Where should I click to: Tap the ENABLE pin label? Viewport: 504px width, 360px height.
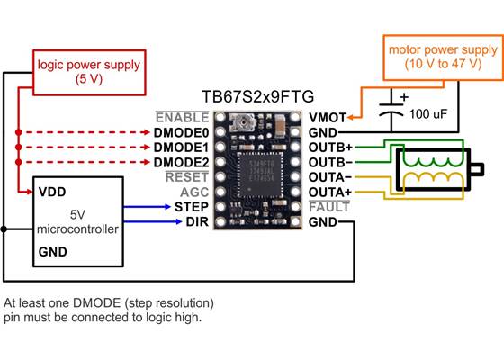click(x=183, y=117)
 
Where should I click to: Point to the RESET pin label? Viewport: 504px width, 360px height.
click(x=187, y=176)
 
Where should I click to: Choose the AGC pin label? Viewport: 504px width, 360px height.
click(x=193, y=192)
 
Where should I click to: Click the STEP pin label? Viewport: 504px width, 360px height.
click(x=191, y=206)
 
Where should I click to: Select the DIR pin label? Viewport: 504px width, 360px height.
click(x=197, y=221)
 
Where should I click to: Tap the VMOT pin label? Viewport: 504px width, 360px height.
click(x=326, y=117)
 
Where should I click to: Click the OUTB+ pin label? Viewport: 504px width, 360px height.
click(x=330, y=147)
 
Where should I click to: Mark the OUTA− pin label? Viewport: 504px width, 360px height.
click(x=330, y=176)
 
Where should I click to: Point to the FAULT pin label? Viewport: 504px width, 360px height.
click(x=328, y=206)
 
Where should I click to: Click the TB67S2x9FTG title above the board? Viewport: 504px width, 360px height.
click(x=258, y=95)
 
